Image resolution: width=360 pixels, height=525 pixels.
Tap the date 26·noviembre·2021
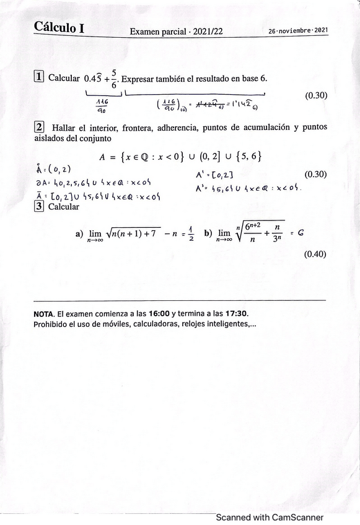pos(299,30)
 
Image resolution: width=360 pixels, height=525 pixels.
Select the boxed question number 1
pos(39,77)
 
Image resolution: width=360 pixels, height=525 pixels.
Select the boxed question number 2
pos(39,128)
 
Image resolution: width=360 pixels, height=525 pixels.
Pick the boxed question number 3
pos(39,206)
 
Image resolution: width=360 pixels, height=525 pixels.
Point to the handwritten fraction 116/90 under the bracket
pos(102,106)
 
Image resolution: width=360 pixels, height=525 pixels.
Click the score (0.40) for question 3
pos(315,254)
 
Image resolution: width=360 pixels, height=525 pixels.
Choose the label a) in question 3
pos(79,234)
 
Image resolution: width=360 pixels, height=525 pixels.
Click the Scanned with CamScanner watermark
pos(269,518)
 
